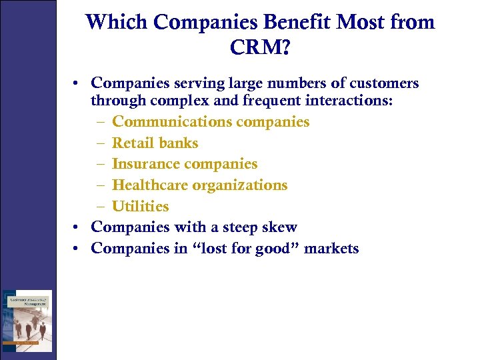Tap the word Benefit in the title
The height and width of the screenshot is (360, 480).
[297, 22]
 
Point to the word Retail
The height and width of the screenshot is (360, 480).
[133, 143]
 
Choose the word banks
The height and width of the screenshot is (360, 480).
[179, 143]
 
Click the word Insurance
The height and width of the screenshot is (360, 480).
[145, 163]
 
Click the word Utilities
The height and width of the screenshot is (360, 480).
[140, 206]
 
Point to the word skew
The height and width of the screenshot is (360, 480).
[279, 227]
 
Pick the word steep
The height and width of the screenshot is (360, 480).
[234, 227]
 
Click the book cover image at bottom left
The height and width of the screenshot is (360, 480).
[27, 319]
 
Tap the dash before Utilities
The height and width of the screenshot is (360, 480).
[99, 207]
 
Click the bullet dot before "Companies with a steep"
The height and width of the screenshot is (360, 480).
[77, 227]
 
